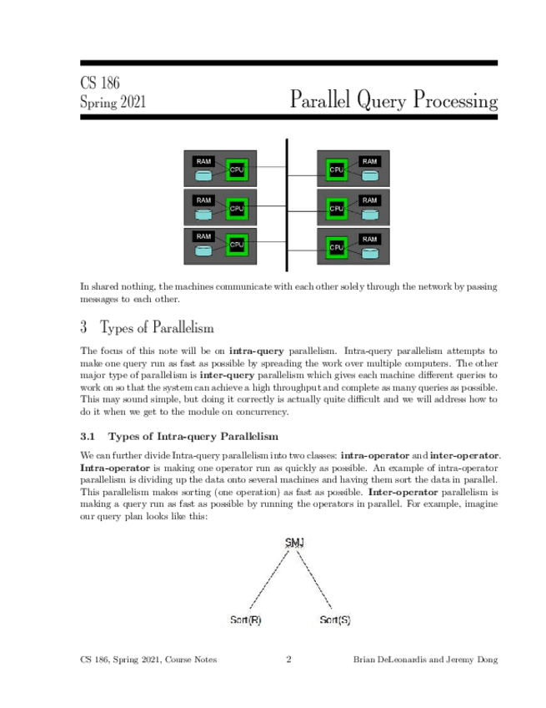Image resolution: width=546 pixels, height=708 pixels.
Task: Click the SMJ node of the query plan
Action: [x=294, y=543]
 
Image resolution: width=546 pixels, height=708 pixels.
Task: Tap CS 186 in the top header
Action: [x=99, y=83]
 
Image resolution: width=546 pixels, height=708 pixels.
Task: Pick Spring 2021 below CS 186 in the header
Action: [x=113, y=103]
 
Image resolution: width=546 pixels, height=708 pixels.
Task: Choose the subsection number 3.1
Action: [x=89, y=436]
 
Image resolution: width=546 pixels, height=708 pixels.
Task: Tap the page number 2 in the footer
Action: [x=288, y=660]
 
